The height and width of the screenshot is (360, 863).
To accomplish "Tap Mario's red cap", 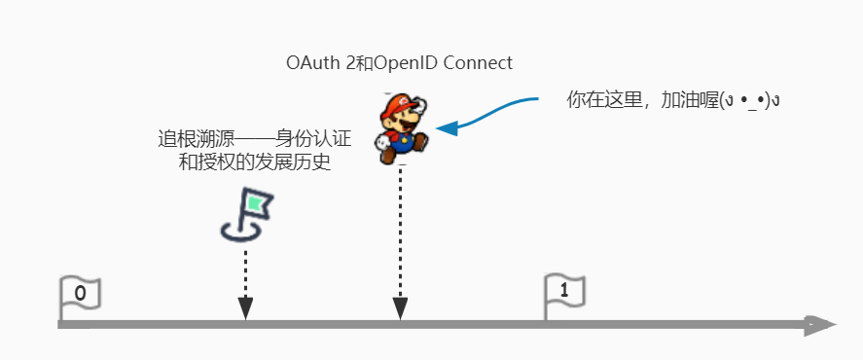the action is tap(399, 102).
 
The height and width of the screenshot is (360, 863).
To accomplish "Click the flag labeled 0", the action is tap(80, 293).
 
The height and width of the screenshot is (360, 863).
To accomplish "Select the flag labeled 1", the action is tap(564, 291).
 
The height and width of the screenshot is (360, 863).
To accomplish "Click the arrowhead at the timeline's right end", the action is tap(819, 325).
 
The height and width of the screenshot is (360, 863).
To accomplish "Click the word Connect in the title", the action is tap(478, 64).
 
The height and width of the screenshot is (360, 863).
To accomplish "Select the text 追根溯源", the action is tap(189, 139).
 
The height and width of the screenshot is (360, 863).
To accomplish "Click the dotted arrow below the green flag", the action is tap(246, 282).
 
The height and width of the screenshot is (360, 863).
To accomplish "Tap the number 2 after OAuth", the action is tap(342, 64).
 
